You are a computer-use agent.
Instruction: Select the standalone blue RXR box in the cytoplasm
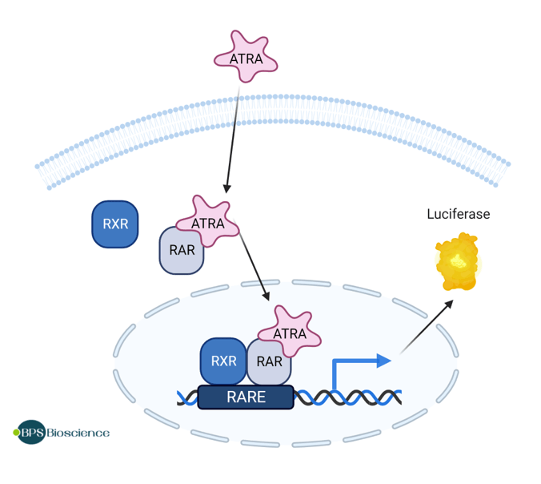[x=115, y=224]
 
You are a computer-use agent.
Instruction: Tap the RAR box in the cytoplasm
[x=182, y=251]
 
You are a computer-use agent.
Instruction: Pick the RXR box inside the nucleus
[x=222, y=361]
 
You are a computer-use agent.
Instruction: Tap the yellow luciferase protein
[x=457, y=262]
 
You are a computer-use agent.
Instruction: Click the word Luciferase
[x=458, y=214]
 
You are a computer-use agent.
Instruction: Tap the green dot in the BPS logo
[x=17, y=433]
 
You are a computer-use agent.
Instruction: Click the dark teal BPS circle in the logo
[x=32, y=433]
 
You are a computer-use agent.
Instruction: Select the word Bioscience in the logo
[x=78, y=433]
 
